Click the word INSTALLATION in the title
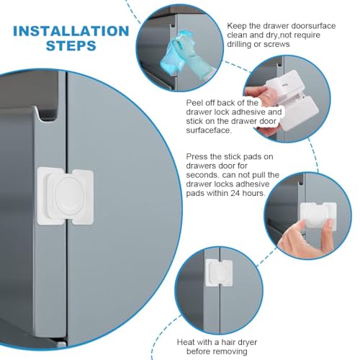[x=70, y=31]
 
